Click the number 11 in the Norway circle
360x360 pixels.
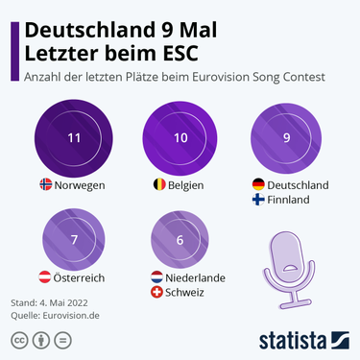74,138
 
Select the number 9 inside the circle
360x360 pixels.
286,138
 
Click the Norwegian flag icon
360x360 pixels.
45,183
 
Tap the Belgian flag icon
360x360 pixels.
152,183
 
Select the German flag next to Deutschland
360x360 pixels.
258,184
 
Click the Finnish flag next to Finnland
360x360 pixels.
258,200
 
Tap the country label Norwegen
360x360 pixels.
80,183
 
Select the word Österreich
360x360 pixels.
81,277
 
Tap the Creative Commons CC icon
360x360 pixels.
18,340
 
